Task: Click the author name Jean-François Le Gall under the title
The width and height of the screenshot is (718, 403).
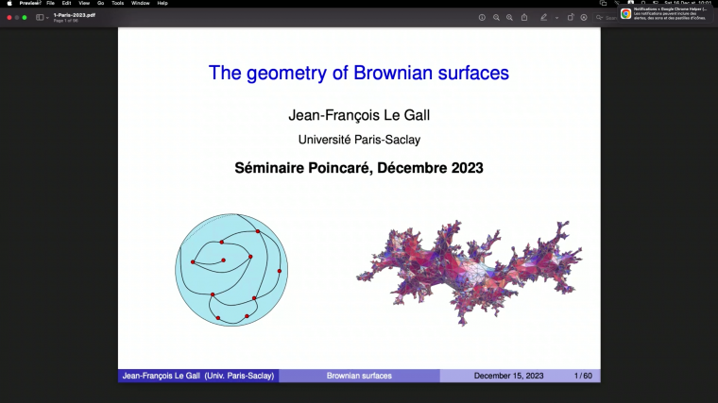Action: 359,116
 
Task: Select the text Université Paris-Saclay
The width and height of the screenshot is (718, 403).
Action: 359,140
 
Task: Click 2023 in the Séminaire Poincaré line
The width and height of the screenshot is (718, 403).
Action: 464,169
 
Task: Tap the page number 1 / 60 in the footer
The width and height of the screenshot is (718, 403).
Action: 583,376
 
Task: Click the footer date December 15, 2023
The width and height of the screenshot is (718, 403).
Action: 509,376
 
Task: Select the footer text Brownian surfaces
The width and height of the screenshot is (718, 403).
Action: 359,376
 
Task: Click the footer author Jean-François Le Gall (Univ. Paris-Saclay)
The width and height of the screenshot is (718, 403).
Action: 198,376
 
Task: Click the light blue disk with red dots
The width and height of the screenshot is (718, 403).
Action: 231,270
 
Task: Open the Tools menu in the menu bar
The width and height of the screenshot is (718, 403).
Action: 117,3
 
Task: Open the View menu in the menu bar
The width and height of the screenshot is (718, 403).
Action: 83,3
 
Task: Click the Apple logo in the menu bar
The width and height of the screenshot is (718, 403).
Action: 9,3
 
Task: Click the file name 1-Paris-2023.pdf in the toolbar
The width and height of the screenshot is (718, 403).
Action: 74,15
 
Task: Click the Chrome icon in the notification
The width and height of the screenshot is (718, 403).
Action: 625,14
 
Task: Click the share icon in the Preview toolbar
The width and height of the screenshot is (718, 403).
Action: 524,17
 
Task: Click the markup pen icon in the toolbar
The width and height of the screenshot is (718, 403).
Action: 543,17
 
